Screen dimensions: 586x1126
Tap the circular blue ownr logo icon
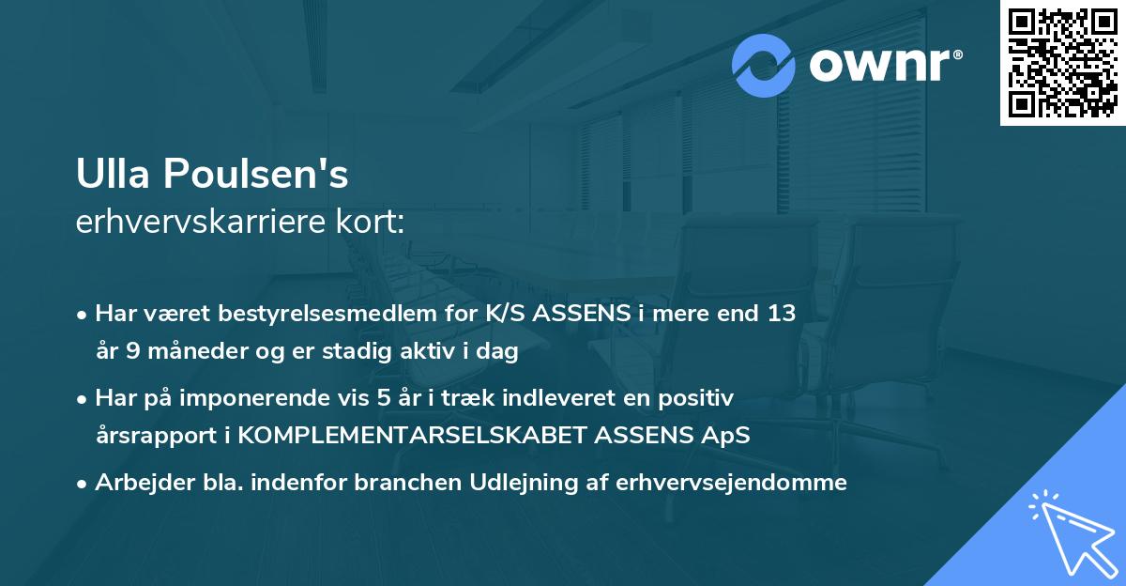tap(764, 66)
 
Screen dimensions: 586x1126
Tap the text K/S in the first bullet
tap(505, 314)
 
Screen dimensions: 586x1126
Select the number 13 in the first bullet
tap(781, 314)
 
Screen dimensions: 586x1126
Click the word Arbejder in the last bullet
tap(138, 483)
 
